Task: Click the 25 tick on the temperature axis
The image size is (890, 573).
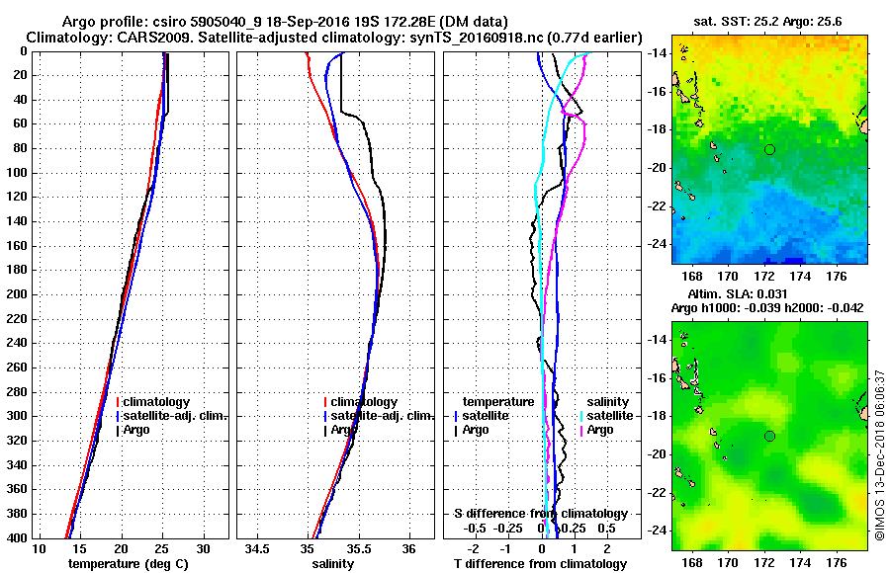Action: pos(163,549)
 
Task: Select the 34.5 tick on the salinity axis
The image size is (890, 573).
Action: pos(259,549)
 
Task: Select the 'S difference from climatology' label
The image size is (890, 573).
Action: pos(540,514)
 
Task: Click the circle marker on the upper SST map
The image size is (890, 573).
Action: pos(769,149)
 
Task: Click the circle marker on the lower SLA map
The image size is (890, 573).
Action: pos(769,436)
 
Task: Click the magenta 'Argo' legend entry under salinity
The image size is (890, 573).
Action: pos(599,430)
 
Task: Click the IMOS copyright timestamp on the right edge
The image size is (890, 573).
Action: pos(879,455)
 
